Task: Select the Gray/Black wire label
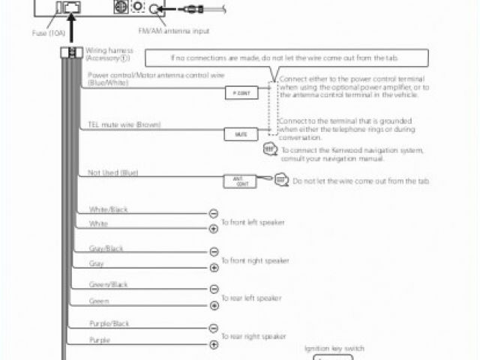click(x=106, y=248)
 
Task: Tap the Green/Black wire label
click(x=108, y=285)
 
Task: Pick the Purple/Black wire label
click(x=109, y=323)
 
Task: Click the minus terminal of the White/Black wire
click(x=214, y=214)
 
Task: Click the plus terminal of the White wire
click(x=214, y=229)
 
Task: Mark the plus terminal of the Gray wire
click(x=214, y=268)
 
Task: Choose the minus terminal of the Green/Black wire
click(x=214, y=289)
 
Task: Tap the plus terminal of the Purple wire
click(x=214, y=344)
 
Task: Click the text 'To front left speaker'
click(x=253, y=223)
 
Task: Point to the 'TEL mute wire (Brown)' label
click(x=124, y=124)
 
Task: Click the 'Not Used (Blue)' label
click(x=112, y=173)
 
